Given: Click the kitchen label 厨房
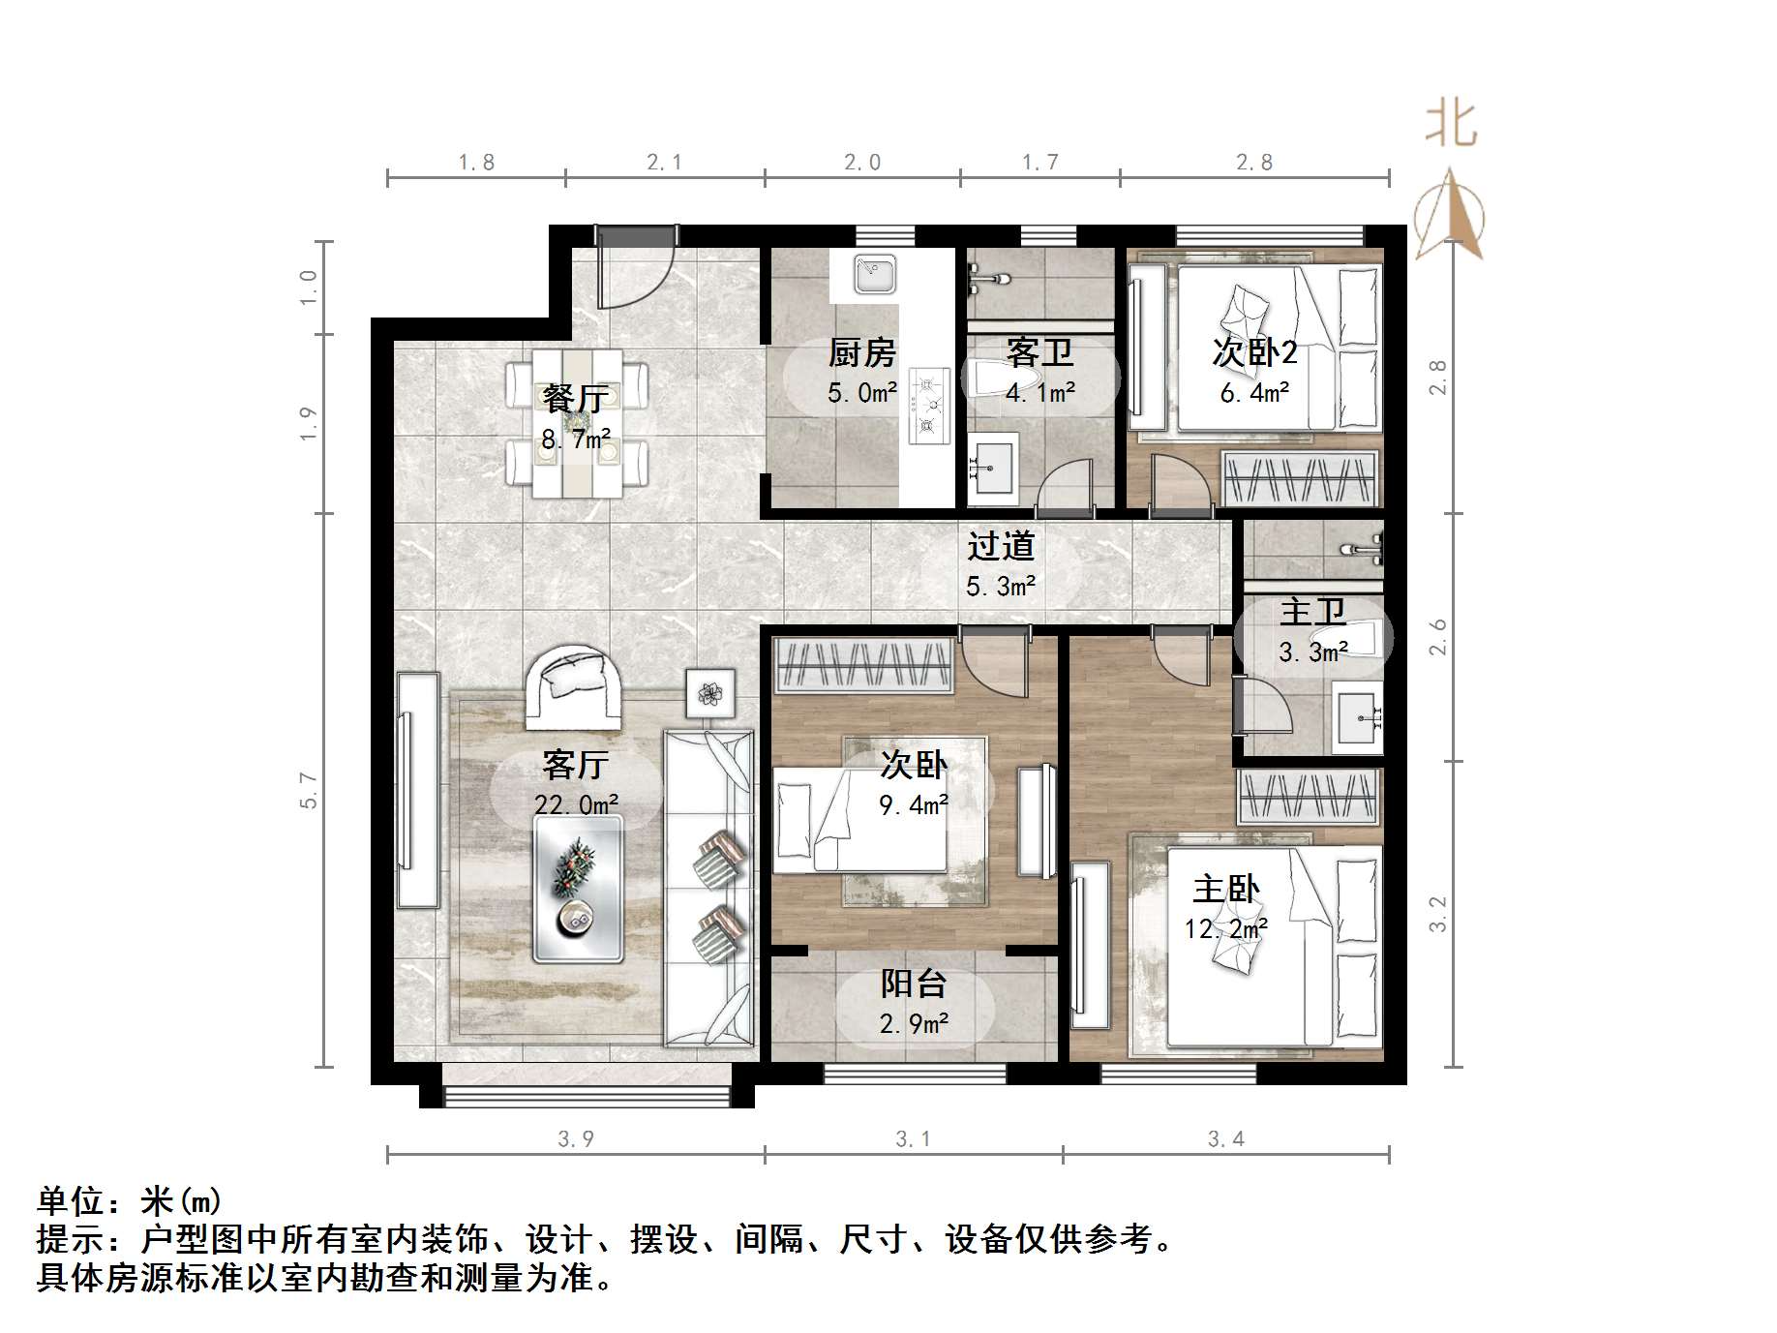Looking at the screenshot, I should click(x=861, y=353).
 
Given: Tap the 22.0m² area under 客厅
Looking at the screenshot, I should click(x=576, y=804).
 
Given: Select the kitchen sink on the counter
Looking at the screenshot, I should click(x=876, y=273).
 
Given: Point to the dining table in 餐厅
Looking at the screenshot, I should click(x=577, y=423).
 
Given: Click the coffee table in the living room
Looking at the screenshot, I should click(x=578, y=889).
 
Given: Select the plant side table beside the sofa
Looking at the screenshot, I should click(x=710, y=692).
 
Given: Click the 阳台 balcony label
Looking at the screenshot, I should click(x=913, y=985).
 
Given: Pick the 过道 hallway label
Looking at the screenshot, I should click(x=1001, y=547).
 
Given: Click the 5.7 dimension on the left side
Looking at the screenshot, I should click(x=309, y=790).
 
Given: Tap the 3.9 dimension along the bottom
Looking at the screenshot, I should click(x=576, y=1139).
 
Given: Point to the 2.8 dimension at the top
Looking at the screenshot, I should click(x=1254, y=163).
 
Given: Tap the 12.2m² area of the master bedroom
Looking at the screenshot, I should click(x=1225, y=929).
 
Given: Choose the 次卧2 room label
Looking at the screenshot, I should click(x=1254, y=353).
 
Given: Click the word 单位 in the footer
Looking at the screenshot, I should click(x=71, y=1201).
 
